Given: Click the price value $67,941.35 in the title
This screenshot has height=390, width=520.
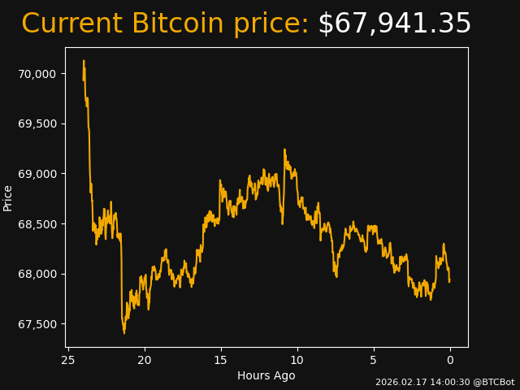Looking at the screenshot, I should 394,24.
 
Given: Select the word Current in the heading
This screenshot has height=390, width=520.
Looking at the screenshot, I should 71,24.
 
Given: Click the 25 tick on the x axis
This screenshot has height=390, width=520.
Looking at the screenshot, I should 68,360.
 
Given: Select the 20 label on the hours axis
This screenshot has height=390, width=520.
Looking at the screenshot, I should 145,360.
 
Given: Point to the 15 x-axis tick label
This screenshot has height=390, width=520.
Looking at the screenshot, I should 221,360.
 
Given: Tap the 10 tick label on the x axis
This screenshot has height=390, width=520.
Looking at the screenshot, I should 297,360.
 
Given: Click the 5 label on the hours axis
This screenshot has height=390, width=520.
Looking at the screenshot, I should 374,360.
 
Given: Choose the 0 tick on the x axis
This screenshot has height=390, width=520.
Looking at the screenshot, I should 450,360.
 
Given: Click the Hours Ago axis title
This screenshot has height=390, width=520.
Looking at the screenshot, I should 266,375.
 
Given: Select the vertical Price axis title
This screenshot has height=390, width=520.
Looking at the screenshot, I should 8,197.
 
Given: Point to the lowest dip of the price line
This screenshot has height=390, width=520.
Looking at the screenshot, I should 124,333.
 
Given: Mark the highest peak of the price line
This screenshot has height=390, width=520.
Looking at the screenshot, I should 84,60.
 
